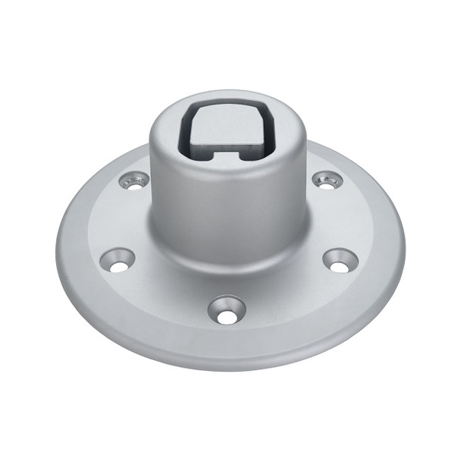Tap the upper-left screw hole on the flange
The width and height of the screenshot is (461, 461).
click(x=135, y=180)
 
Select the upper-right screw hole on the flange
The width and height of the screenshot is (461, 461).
click(x=327, y=180)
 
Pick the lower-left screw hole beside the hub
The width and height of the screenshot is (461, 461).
click(x=117, y=260)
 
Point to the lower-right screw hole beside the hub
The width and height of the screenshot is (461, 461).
click(x=340, y=259)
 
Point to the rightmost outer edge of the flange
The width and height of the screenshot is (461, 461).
click(x=402, y=250)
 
